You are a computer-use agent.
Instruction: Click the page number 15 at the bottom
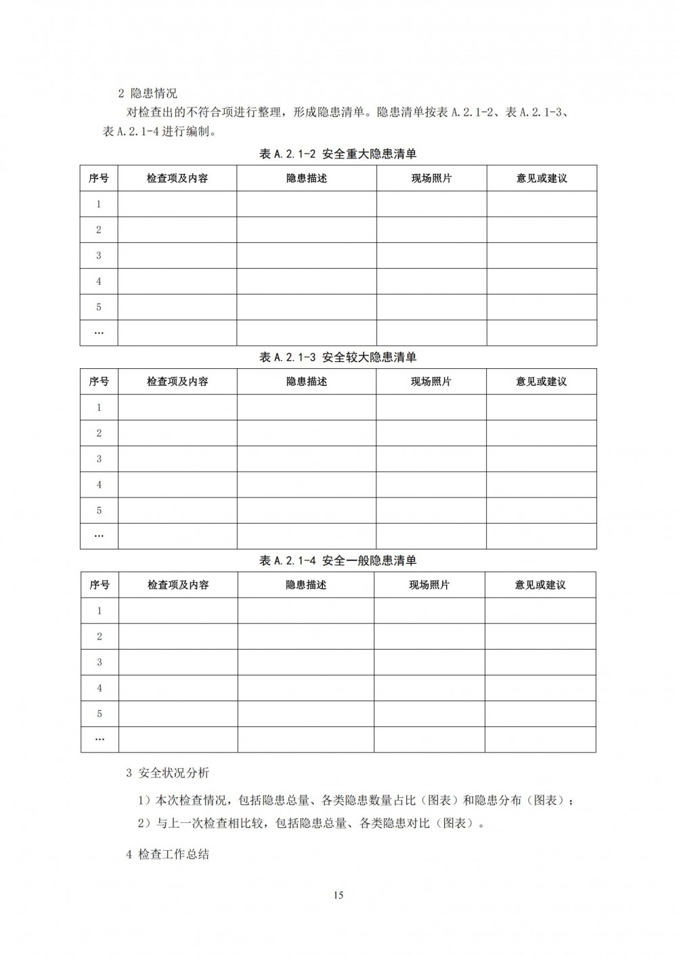338,895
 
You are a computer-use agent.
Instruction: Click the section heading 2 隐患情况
148,93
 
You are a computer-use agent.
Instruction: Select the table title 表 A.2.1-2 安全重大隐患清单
338,154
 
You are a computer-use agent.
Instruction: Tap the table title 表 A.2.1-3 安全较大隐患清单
338,357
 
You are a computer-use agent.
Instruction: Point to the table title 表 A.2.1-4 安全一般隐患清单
338,560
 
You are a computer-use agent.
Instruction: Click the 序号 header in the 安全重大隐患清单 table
99,178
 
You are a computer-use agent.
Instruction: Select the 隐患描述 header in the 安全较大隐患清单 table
307,382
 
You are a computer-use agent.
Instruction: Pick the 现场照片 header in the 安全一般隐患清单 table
429,585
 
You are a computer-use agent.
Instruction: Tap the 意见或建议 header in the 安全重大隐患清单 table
542,178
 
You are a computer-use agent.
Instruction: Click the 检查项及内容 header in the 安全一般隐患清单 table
178,585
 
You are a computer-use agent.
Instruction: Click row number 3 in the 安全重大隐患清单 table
99,255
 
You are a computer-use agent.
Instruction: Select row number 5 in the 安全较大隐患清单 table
99,510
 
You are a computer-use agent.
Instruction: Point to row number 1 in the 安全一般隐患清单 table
100,610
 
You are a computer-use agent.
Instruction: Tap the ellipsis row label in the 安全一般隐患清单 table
100,739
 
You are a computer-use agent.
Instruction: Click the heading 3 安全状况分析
168,772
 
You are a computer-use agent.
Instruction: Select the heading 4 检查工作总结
168,854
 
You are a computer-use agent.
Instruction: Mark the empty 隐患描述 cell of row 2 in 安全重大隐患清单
307,229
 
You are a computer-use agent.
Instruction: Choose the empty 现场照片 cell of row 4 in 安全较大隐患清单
431,485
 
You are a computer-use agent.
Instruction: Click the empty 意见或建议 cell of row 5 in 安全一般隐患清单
540,713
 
